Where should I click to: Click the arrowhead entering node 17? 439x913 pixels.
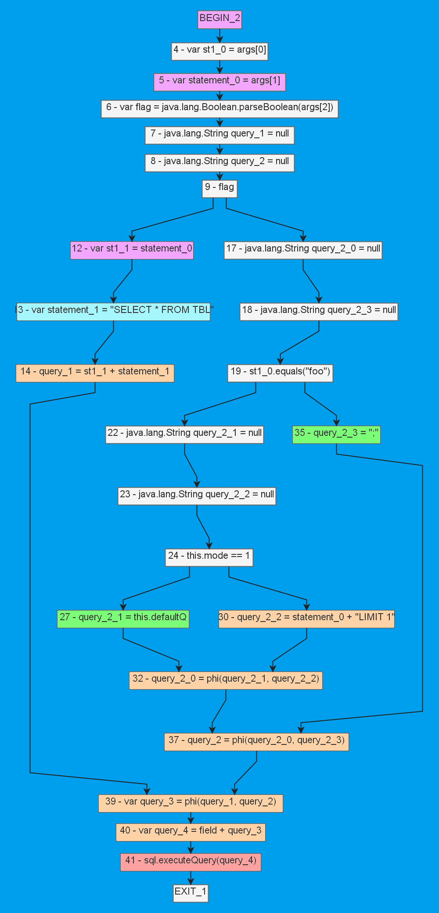pyautogui.click(x=303, y=238)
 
